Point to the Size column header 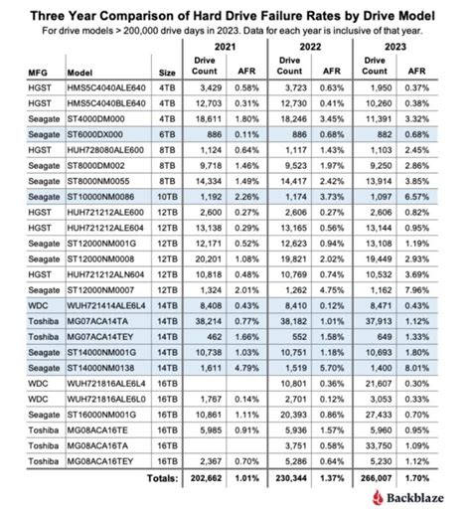158,72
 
